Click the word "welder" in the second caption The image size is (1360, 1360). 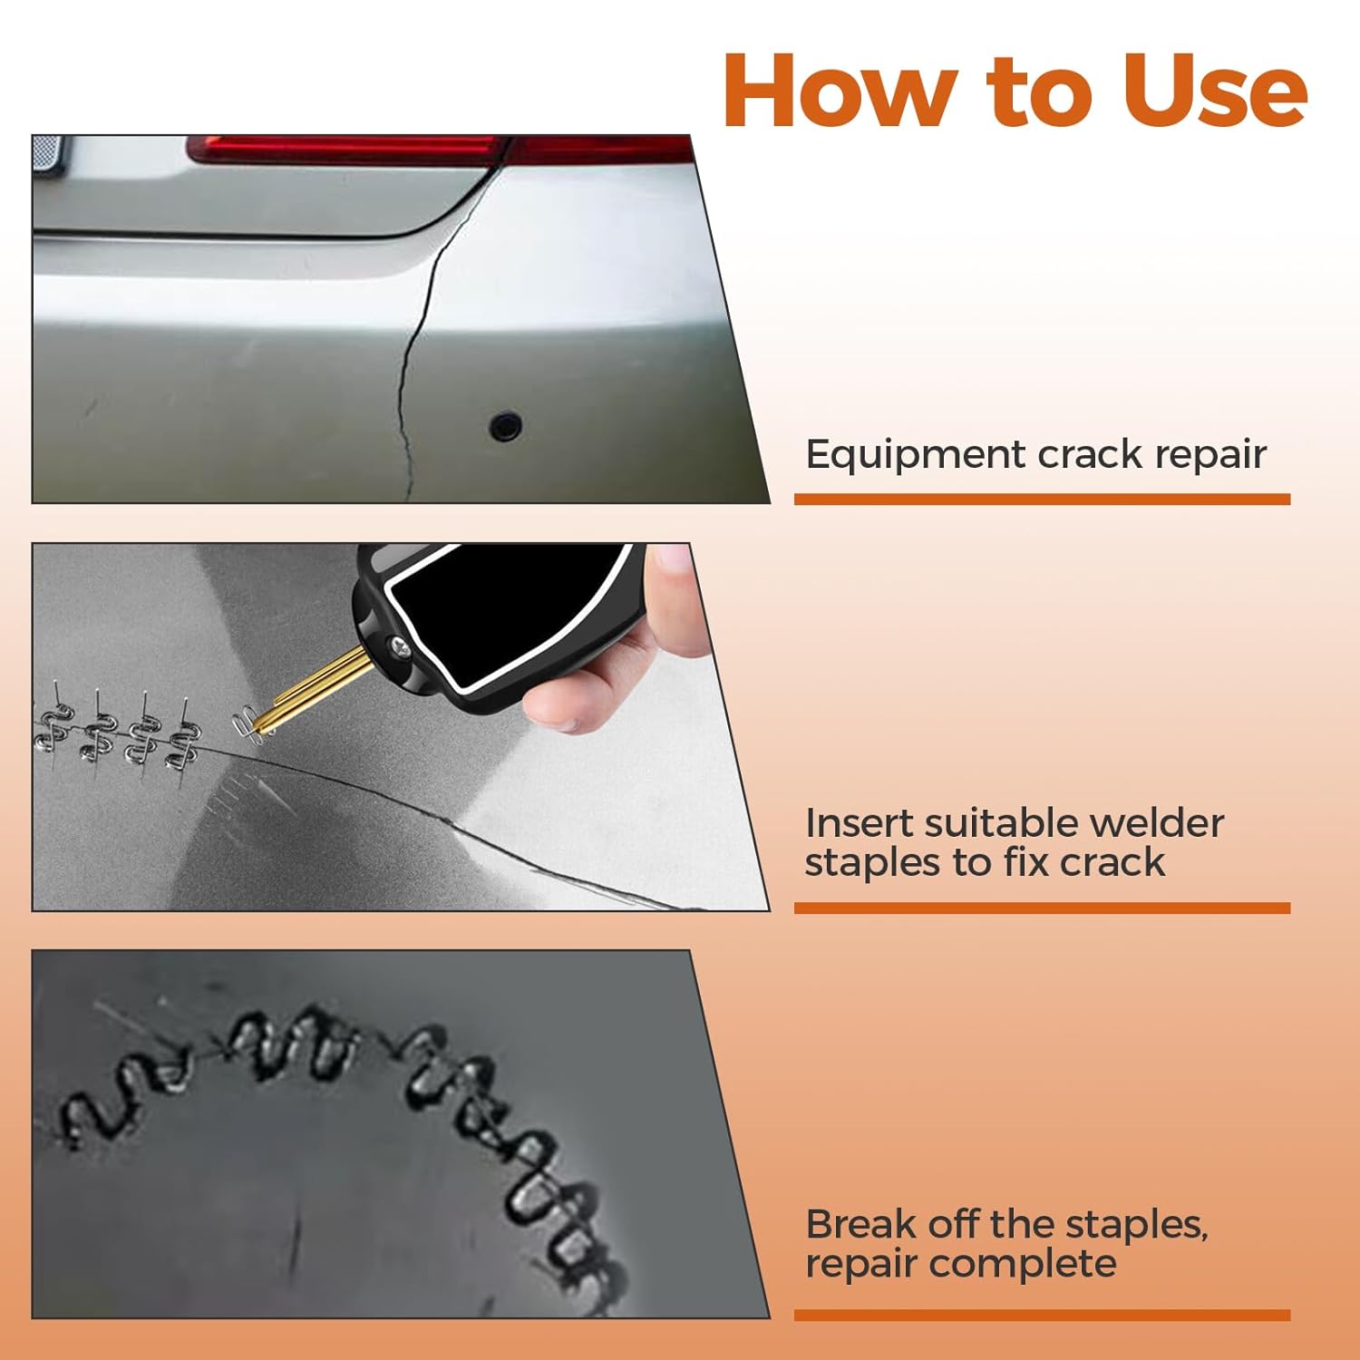coord(1156,823)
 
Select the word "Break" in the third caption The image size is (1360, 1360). coord(860,1224)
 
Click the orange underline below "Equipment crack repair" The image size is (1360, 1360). coord(1042,500)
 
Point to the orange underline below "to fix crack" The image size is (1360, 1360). coord(1042,908)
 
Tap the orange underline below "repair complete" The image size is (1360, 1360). coord(1042,1315)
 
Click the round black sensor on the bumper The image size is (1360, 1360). coord(505,424)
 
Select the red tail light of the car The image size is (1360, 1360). coord(440,149)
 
